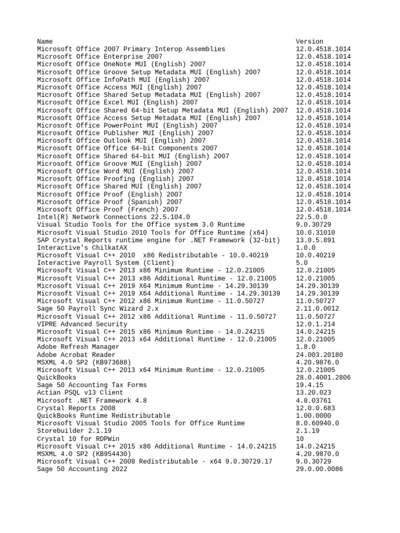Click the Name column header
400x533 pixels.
45,42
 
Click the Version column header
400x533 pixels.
309,42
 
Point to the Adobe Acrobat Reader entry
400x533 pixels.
76,355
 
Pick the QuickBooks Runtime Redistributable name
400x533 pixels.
104,416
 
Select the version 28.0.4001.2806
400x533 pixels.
323,378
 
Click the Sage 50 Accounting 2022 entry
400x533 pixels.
82,469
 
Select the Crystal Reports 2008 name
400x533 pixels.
76,409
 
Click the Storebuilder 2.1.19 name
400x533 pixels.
74,432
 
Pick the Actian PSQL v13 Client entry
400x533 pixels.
80,393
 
